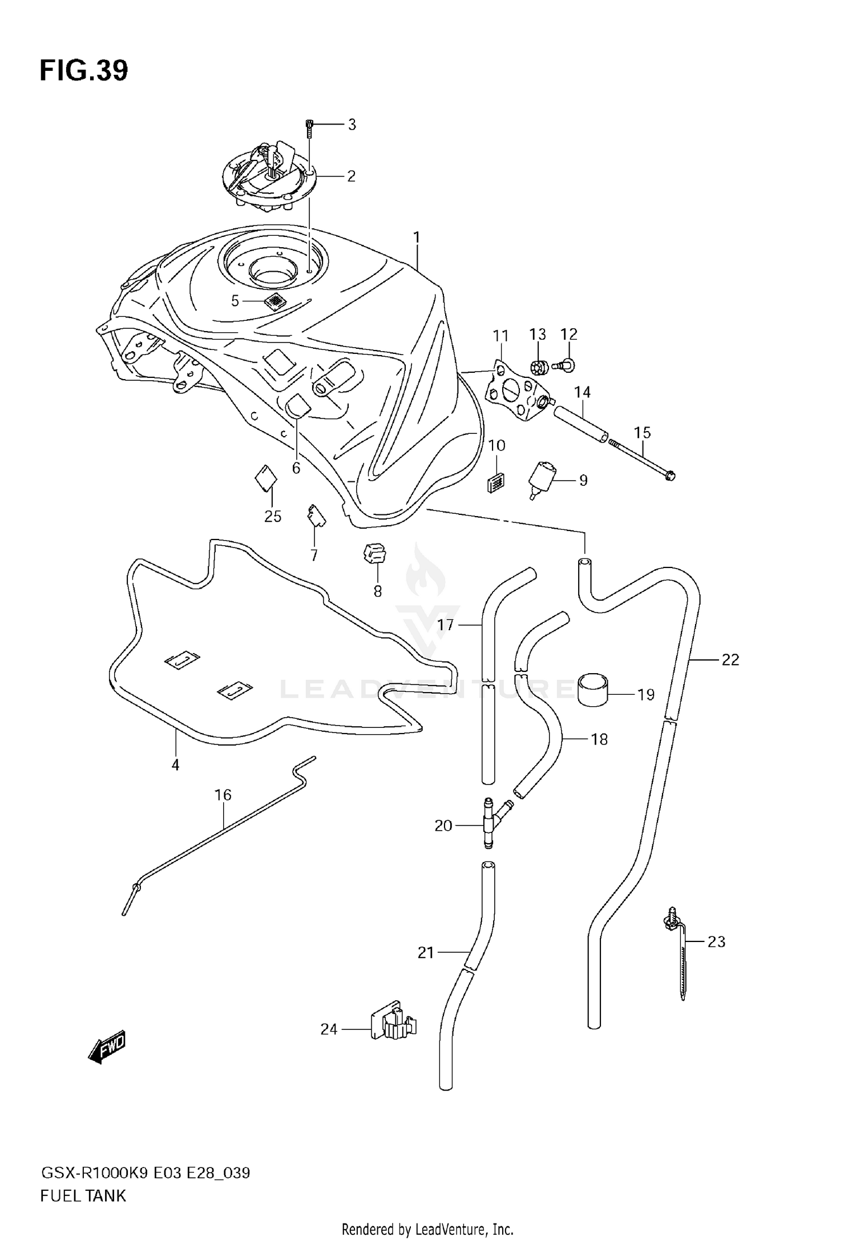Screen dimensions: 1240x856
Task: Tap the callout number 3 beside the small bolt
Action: coord(352,124)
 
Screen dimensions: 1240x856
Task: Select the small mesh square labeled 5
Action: coord(276,301)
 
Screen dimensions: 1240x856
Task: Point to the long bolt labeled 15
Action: coord(642,461)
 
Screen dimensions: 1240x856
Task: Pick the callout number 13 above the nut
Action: coord(538,334)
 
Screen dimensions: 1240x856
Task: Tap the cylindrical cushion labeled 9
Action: coord(543,476)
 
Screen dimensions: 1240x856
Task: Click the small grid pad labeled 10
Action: coord(495,482)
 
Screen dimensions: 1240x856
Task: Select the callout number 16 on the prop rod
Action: coord(223,795)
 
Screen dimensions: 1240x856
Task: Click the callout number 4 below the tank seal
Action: coord(175,764)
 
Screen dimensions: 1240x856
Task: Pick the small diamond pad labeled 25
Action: coord(265,477)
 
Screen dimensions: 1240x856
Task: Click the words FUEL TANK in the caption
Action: coord(83,1195)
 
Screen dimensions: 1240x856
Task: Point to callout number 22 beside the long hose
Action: coord(730,659)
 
